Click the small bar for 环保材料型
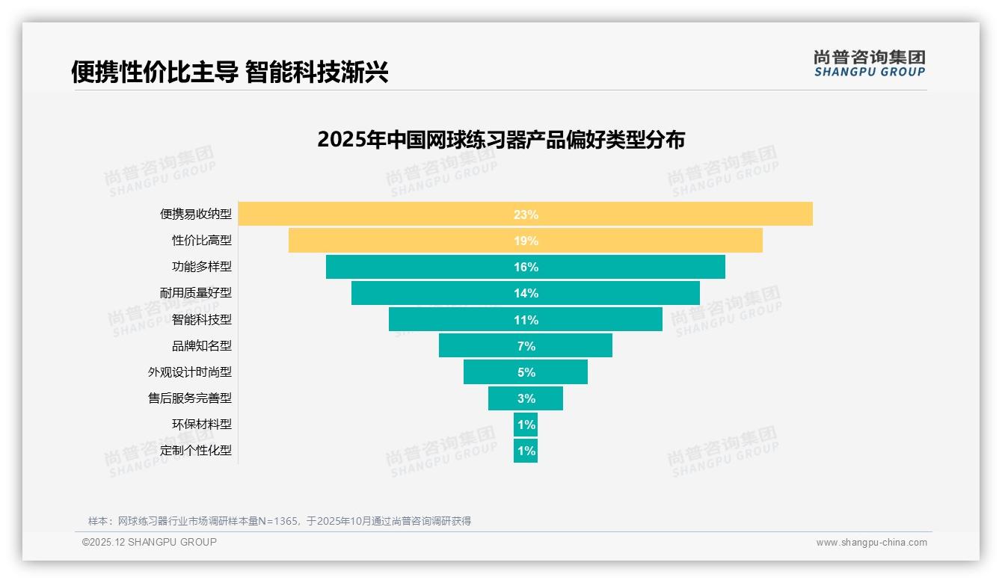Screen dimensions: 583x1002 pyautogui.click(x=526, y=425)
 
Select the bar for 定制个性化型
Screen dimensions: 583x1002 pyautogui.click(x=526, y=451)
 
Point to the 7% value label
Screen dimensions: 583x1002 pyautogui.click(x=526, y=346)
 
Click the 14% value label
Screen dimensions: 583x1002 pyautogui.click(x=526, y=293)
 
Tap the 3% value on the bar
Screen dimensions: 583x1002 pyautogui.click(x=526, y=398)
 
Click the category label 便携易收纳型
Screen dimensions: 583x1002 pyautogui.click(x=196, y=214)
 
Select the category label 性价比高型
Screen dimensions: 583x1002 pyautogui.click(x=202, y=241)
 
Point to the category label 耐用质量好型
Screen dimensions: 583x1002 pyautogui.click(x=196, y=293)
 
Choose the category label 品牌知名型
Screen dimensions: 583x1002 pyautogui.click(x=202, y=346)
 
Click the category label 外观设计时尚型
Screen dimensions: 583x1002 pyautogui.click(x=190, y=372)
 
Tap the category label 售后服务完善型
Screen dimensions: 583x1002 pyautogui.click(x=190, y=398)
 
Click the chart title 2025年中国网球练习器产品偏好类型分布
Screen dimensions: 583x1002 pyautogui.click(x=501, y=140)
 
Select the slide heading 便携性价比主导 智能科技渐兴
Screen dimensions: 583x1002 pyautogui.click(x=230, y=72)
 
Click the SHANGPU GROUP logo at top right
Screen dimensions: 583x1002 pyautogui.click(x=869, y=64)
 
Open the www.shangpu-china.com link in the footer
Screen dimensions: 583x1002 pyautogui.click(x=871, y=543)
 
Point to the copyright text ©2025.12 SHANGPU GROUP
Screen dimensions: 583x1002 pyautogui.click(x=150, y=542)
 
